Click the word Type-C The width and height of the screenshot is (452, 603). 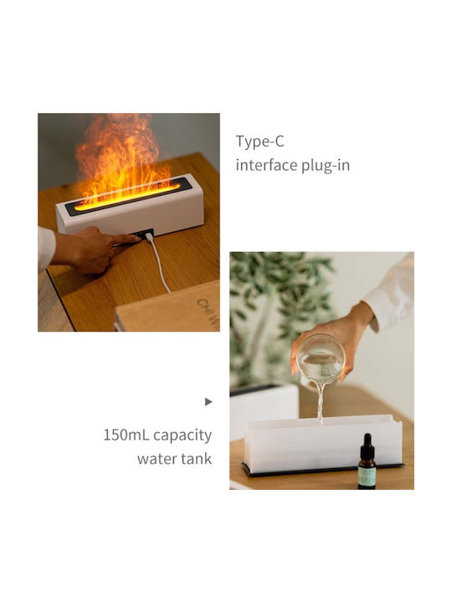click(259, 142)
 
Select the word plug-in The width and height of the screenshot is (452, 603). click(326, 166)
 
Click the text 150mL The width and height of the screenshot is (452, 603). click(126, 435)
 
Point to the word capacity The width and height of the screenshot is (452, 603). click(182, 436)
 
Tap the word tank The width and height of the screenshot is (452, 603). click(197, 458)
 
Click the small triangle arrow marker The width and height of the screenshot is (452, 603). click(208, 402)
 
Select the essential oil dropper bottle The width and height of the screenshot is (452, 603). click(367, 461)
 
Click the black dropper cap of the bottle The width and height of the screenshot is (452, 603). click(367, 443)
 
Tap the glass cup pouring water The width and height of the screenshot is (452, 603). click(321, 362)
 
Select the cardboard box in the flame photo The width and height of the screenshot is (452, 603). click(168, 307)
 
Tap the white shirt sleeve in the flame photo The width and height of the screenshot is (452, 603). click(45, 247)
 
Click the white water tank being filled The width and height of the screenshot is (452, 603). click(323, 443)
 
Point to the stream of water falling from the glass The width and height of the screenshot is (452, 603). click(320, 403)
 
